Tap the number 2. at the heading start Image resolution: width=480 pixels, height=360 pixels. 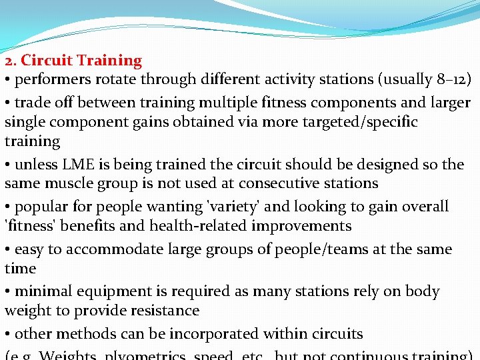pyautogui.click(x=10, y=61)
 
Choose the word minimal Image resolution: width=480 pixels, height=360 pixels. pyautogui.click(x=43, y=292)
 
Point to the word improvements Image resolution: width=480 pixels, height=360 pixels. pyautogui.click(x=301, y=226)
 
